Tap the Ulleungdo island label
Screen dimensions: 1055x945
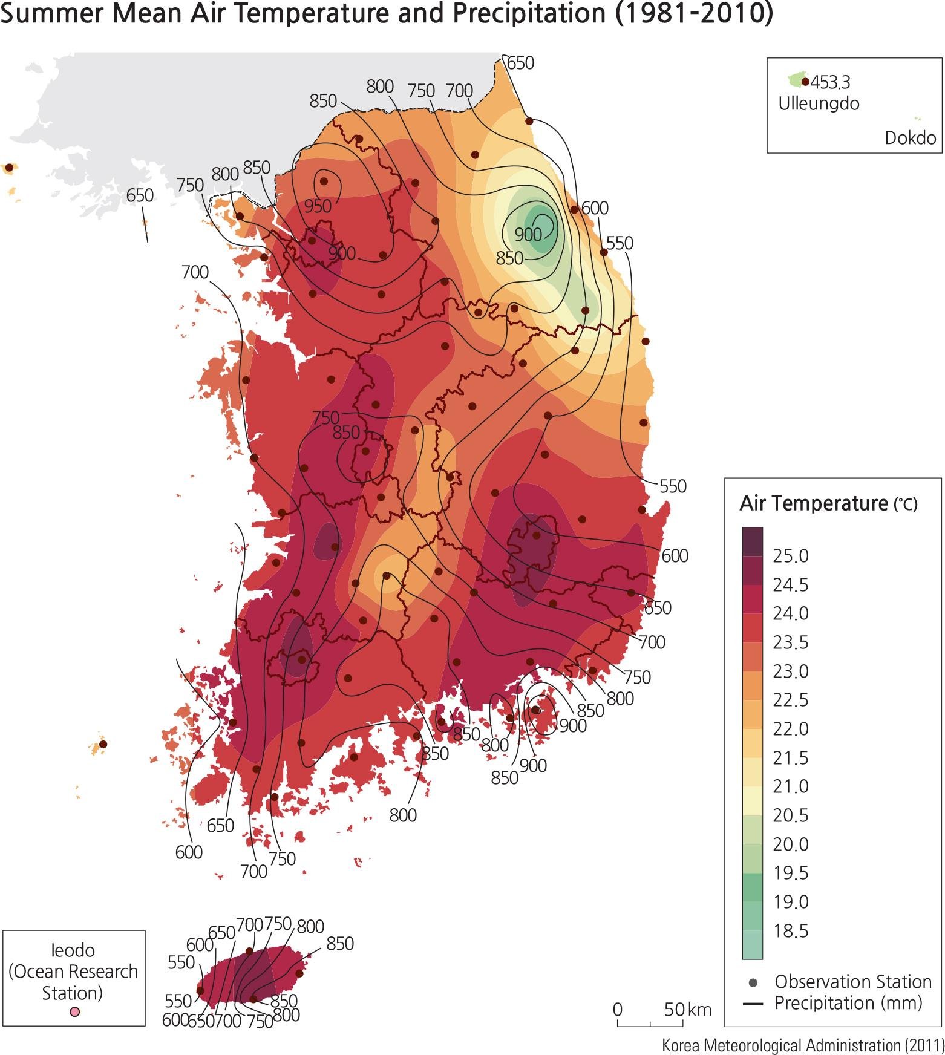(818, 103)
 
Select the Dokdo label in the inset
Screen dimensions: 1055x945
(910, 138)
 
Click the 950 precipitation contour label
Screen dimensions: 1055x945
(318, 206)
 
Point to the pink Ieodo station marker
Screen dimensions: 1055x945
(74, 1012)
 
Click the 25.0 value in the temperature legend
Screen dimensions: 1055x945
(790, 556)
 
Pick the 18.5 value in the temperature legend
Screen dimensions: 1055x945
(790, 931)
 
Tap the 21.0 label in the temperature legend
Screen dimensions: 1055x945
(790, 786)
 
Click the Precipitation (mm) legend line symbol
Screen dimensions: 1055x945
(753, 1004)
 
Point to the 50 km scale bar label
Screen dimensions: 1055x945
(687, 1010)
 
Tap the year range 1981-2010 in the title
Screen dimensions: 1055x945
(694, 14)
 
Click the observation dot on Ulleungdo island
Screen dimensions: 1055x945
(805, 82)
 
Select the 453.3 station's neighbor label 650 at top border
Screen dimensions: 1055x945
(520, 63)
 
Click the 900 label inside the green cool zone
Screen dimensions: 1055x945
(528, 234)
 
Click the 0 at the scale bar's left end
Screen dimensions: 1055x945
(617, 1010)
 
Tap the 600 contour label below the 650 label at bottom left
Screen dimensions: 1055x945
(189, 852)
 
